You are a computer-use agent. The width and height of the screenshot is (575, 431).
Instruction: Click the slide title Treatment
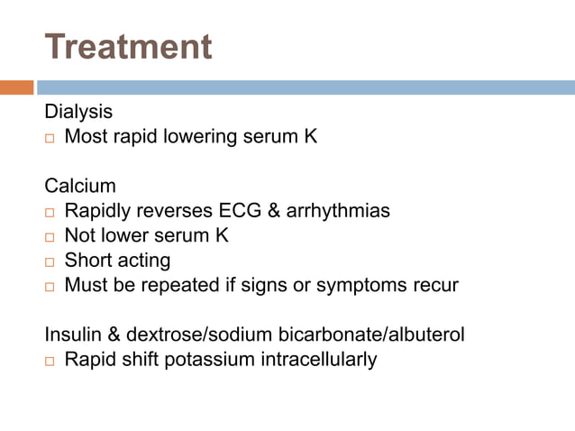click(128, 46)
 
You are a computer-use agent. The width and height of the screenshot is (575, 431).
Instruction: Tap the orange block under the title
click(16, 87)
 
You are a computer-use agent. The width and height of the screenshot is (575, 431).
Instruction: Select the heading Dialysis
click(79, 113)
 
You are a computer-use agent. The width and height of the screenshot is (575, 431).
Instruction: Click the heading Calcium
click(80, 187)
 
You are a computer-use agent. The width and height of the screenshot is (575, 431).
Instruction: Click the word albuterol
click(425, 335)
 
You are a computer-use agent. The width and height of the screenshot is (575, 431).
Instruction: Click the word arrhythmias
click(338, 212)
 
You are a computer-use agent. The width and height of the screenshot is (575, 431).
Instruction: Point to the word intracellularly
click(315, 360)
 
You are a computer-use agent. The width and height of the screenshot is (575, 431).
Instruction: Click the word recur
click(434, 286)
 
